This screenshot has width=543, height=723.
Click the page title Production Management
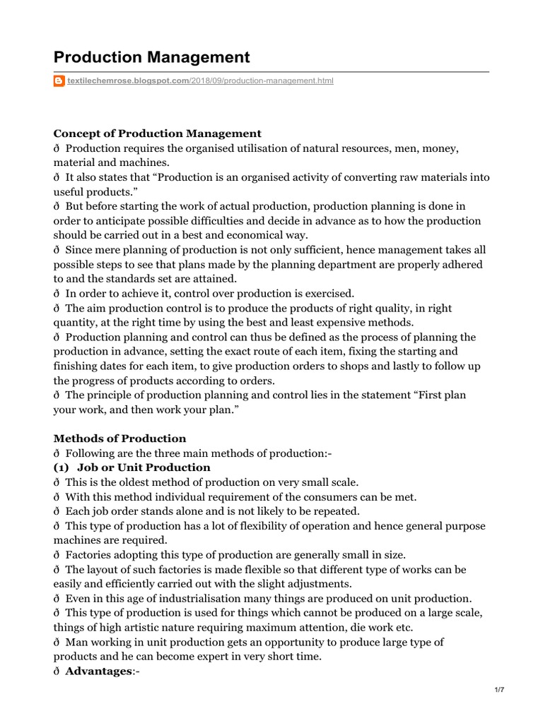[x=152, y=56]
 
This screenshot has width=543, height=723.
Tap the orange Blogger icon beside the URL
[x=59, y=81]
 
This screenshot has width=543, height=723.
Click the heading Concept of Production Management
[x=158, y=133]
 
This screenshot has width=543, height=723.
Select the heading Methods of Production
[x=120, y=438]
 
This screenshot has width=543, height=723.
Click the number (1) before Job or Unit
[x=62, y=467]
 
